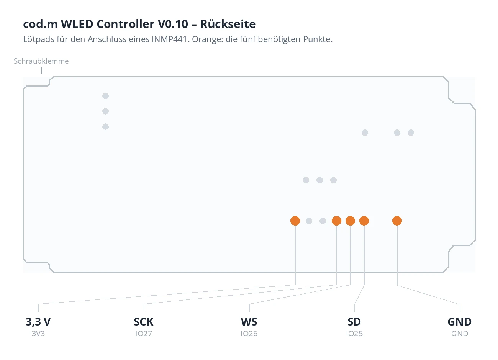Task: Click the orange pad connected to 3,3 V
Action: coord(295,221)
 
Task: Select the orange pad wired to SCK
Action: coord(337,221)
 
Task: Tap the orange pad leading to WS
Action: coord(351,221)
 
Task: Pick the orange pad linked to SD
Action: coord(364,221)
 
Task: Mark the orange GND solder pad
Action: coord(397,221)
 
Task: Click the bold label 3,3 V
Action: coord(38,322)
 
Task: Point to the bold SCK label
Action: coord(144,322)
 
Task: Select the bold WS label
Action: coord(249,322)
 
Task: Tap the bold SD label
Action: coord(354,322)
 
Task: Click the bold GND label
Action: coord(460,322)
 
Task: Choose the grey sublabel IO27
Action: coord(144,334)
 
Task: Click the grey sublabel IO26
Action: coord(249,334)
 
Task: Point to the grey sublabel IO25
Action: coord(354,334)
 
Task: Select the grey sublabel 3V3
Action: coord(38,334)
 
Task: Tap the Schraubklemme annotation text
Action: coord(41,61)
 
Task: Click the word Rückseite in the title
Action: coord(228,24)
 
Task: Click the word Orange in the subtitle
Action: coord(208,39)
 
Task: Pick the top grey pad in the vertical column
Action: coord(106,96)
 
